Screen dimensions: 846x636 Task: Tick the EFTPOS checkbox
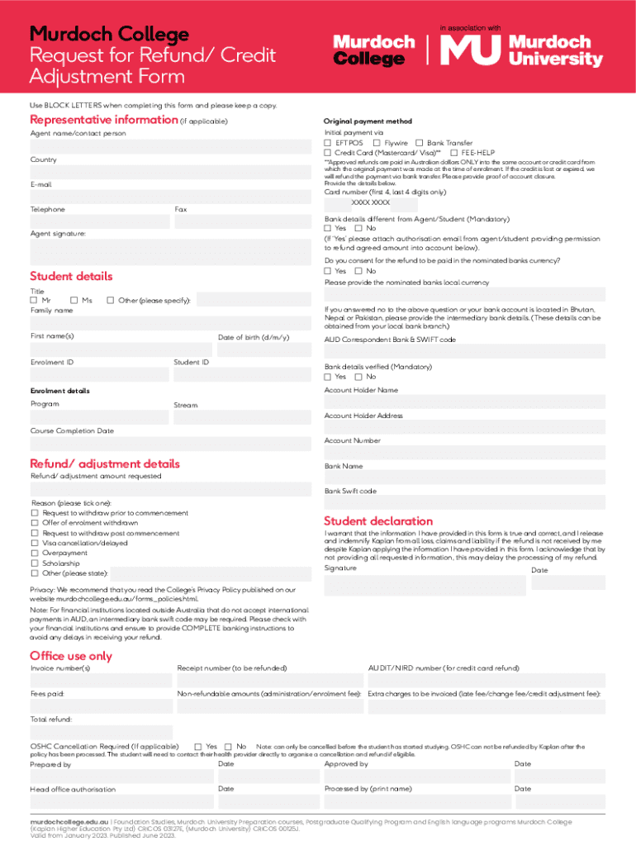coord(328,143)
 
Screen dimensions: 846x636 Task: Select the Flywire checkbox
coord(377,143)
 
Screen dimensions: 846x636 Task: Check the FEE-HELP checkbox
coord(454,153)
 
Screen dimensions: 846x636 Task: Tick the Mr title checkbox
coord(34,300)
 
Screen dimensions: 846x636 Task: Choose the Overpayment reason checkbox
coord(34,553)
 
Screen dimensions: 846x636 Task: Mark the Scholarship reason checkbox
coord(34,563)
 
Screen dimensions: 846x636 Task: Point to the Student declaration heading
coord(377,521)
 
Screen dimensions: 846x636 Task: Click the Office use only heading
coord(70,656)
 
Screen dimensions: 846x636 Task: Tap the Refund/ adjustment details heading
coord(105,463)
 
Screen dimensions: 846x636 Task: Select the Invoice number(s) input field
coord(101,680)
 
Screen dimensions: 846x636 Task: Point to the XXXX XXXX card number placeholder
coord(370,202)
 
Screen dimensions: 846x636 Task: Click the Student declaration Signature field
coord(425,584)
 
